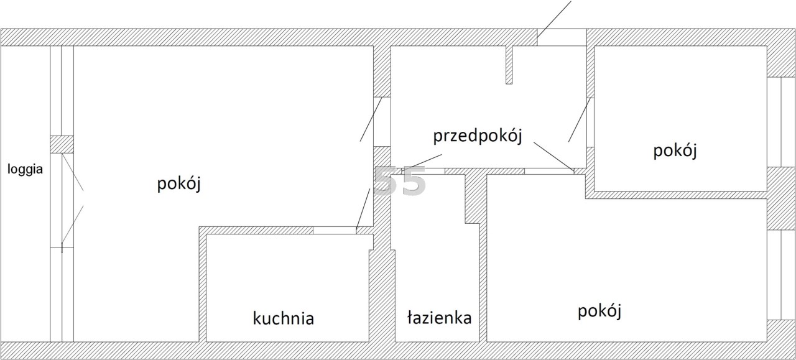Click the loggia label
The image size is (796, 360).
tap(25, 170)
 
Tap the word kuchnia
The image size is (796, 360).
tap(283, 318)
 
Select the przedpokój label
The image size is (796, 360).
tap(478, 136)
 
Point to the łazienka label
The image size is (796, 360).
tap(439, 317)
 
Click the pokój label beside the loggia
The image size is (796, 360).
tap(179, 184)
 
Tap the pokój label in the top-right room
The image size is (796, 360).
tap(675, 150)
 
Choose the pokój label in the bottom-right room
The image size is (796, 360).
tap(599, 312)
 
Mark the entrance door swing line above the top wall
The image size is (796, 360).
tap(553, 19)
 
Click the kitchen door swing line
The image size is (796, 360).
tap(363, 209)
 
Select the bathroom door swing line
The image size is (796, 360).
tap(422, 163)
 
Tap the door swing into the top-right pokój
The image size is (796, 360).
tap(579, 120)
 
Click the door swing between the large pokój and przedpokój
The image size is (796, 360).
tap(371, 119)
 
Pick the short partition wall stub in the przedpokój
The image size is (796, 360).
tap(509, 65)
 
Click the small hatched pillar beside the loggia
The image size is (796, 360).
tap(62, 144)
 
